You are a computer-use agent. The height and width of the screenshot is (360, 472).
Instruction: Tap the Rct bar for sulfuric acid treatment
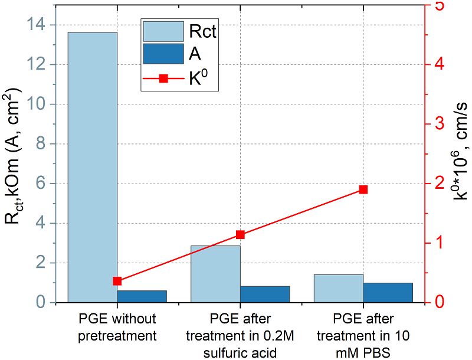point(215,274)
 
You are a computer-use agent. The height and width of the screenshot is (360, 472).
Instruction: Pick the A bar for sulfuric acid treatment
point(265,294)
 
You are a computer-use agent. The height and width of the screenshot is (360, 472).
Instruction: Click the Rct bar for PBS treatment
point(339,288)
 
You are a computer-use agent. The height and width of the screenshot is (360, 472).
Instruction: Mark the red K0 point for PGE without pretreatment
point(117,281)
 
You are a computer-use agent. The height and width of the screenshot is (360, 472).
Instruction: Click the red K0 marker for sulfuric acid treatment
point(240,234)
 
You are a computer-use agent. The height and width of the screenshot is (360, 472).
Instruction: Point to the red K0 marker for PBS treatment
point(363,189)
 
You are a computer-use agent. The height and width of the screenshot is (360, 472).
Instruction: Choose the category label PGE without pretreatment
point(117,328)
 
